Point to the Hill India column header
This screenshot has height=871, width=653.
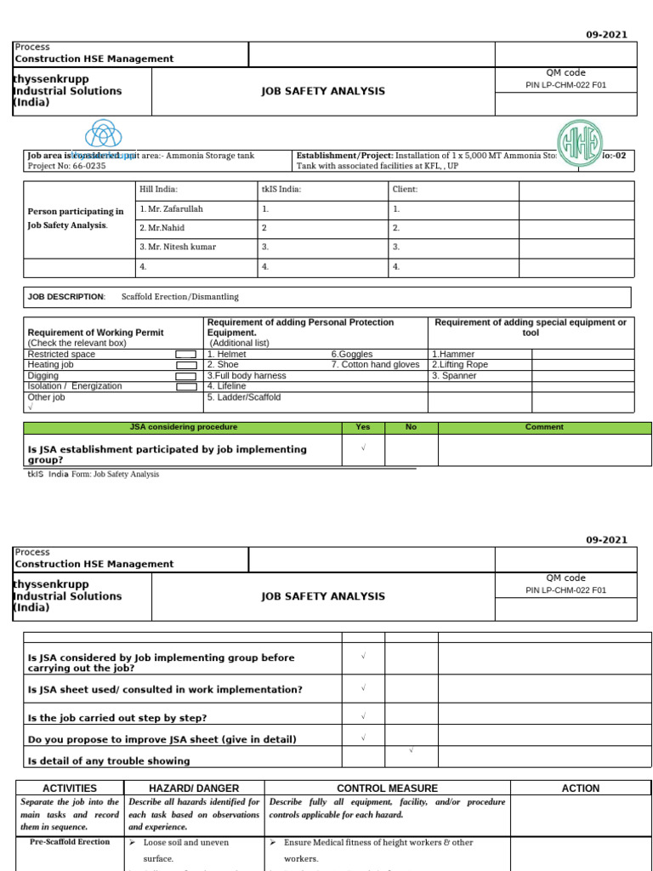158,190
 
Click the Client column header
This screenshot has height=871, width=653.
404,190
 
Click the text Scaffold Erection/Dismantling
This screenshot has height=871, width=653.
179,297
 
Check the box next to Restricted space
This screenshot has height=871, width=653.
185,355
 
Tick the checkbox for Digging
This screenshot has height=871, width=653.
185,376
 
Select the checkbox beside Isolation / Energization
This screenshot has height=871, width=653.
185,387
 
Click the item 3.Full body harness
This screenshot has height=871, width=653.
247,376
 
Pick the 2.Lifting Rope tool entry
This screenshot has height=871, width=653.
460,365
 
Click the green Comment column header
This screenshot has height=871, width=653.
544,427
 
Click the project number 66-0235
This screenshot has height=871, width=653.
86,167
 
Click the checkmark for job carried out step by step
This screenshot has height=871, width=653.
363,717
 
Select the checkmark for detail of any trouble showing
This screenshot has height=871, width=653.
412,750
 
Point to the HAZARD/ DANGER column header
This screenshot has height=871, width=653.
194,788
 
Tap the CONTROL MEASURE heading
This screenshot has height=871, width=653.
387,788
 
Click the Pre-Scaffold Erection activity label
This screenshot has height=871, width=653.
70,842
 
